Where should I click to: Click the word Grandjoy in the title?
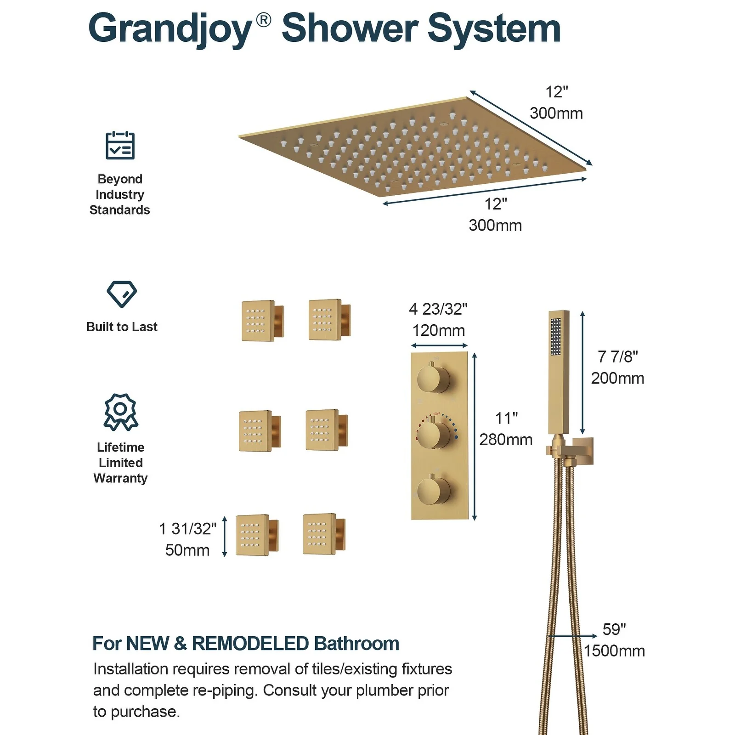170,29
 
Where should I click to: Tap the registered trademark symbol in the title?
263,20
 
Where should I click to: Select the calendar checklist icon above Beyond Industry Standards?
120,145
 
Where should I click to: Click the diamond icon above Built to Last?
122,294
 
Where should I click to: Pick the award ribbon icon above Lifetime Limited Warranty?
121,412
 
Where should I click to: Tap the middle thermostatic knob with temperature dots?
434,435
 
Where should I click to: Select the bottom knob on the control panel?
433,490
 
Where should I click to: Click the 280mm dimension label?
506,440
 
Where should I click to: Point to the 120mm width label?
438,330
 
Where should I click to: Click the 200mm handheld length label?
617,378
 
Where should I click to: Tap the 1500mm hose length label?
615,651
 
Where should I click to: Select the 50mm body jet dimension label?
187,550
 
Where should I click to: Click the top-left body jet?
262,321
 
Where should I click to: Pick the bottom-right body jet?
324,534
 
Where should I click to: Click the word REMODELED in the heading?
250,644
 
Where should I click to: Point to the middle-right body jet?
327,430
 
